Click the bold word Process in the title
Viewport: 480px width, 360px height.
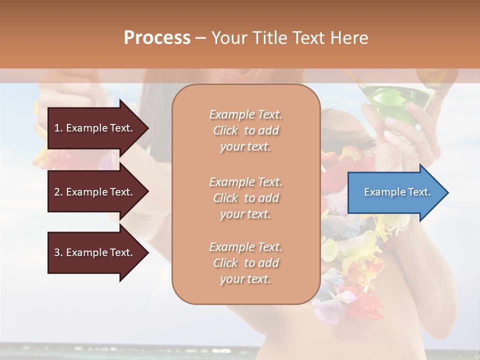(157, 38)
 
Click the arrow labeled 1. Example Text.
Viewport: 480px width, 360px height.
(95, 128)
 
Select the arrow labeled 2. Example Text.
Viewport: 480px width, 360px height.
(95, 192)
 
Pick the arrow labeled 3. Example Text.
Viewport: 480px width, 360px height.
(95, 252)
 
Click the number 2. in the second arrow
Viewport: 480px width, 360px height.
(58, 192)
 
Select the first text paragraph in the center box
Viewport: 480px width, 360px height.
(245, 130)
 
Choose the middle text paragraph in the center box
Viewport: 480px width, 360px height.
(245, 198)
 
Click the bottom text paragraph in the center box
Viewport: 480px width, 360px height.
(245, 263)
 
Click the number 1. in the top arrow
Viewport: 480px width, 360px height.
(58, 128)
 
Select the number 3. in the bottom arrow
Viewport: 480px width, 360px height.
(58, 252)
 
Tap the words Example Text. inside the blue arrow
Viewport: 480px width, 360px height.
(397, 192)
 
